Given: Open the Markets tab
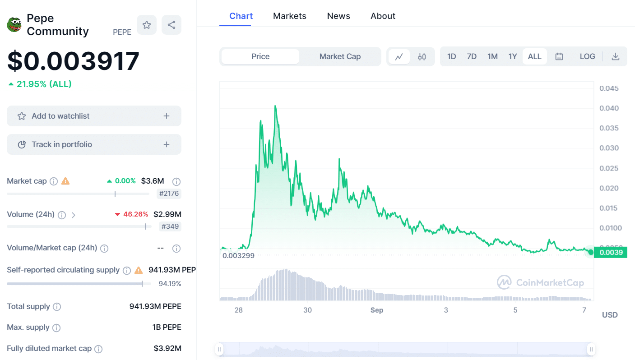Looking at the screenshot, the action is (289, 16).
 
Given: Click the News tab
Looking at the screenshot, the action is (338, 16).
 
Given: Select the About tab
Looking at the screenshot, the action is (383, 16).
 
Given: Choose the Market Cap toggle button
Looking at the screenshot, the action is (340, 56).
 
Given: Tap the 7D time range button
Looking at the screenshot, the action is (472, 56).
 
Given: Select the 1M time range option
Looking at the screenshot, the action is (492, 56).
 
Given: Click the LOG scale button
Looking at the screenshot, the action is (587, 56).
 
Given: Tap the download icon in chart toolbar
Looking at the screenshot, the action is (616, 56).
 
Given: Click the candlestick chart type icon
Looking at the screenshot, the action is (422, 57).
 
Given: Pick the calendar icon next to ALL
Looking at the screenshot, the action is (559, 56).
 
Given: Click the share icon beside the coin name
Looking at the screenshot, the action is (171, 25).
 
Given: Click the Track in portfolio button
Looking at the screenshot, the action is (94, 144).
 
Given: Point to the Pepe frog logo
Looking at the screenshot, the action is (14, 25).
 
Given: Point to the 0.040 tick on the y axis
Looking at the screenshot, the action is (609, 108).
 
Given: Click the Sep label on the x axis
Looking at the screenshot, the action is (377, 310).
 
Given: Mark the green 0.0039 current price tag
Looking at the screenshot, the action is (611, 252).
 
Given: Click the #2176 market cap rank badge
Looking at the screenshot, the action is (169, 194).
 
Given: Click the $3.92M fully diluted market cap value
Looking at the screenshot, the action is (167, 348).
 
